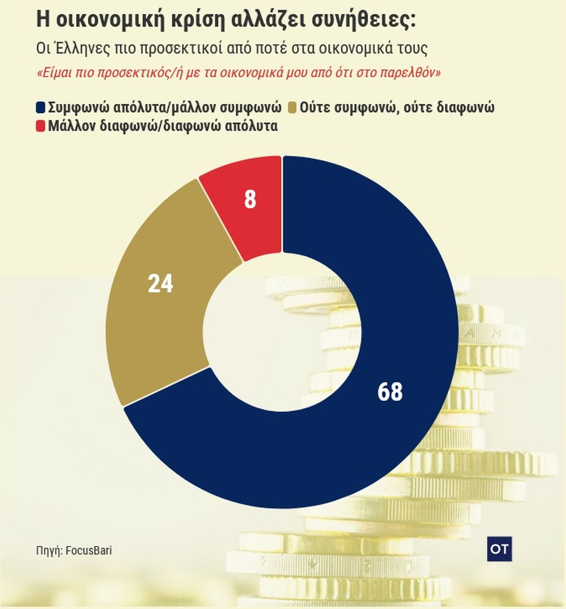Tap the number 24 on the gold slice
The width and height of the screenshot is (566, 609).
click(160, 284)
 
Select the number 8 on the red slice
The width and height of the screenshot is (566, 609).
click(250, 200)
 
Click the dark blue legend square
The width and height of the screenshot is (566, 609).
click(41, 108)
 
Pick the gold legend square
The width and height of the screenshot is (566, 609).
click(292, 108)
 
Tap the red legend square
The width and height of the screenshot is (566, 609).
click(41, 126)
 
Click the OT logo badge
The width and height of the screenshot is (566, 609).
click(499, 549)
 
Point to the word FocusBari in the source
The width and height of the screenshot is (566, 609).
click(89, 551)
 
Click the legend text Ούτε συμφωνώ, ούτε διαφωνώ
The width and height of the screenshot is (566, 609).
click(397, 108)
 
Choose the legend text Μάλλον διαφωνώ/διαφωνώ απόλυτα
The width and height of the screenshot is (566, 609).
click(163, 126)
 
